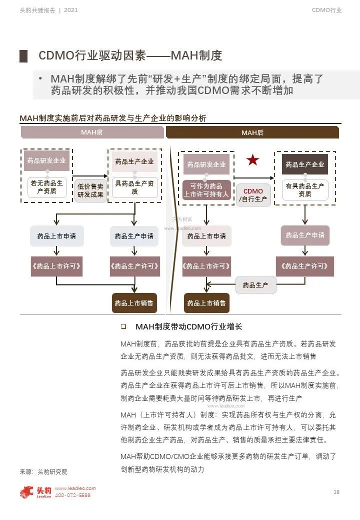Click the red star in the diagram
tap(252, 160)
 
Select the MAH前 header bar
tap(92, 132)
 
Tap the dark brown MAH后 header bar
tap(252, 132)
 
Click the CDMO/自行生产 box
tap(253, 195)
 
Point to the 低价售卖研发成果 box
tap(90, 190)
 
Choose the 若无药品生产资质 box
tap(47, 187)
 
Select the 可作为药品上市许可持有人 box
tap(206, 190)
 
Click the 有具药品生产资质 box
tap(305, 190)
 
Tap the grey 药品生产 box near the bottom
tap(255, 285)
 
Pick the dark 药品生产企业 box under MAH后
tap(305, 164)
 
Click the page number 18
tap(336, 492)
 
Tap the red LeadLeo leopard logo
tap(27, 492)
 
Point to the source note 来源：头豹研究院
tap(43, 471)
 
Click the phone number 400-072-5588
tap(72, 495)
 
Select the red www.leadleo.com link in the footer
tap(75, 488)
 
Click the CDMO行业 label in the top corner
tap(327, 10)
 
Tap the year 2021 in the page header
tap(71, 10)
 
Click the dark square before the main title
tap(23, 56)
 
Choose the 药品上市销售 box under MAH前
tap(133, 303)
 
